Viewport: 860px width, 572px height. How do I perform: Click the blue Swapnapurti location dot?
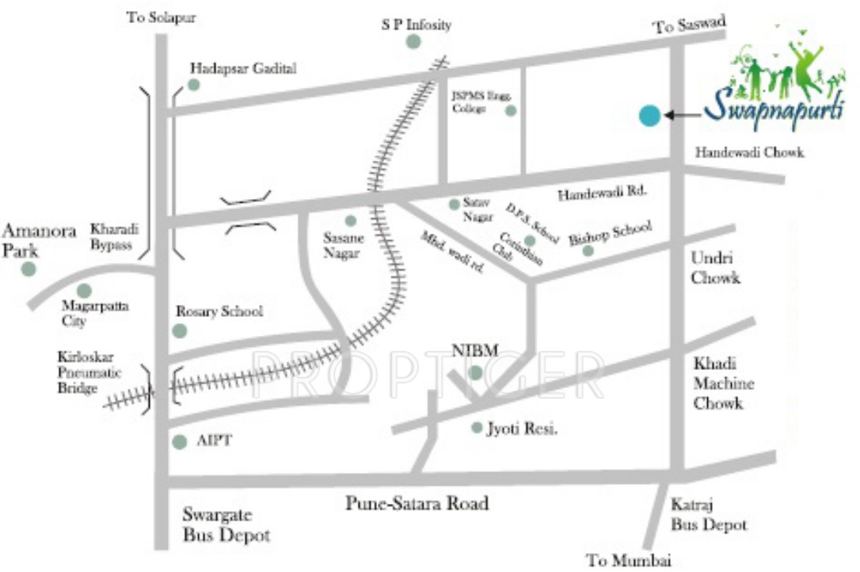[x=649, y=116]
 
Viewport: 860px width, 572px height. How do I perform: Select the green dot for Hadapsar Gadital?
[x=193, y=85]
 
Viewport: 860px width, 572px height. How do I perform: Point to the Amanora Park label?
[x=39, y=239]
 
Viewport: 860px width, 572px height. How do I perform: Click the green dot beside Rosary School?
[x=180, y=330]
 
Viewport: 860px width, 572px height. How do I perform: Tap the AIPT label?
[x=214, y=441]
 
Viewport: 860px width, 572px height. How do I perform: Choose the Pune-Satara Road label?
[x=417, y=503]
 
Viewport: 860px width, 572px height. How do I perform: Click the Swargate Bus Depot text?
[x=226, y=524]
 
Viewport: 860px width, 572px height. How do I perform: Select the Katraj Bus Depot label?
[x=709, y=514]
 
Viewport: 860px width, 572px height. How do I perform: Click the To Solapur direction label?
[x=161, y=17]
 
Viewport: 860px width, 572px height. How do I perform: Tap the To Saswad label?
[x=689, y=25]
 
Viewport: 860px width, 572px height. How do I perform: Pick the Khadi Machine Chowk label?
[x=724, y=383]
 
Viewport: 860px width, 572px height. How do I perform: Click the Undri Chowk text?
[x=715, y=268]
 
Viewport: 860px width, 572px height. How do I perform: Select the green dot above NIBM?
[x=475, y=372]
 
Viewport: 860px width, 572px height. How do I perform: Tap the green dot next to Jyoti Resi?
[x=477, y=428]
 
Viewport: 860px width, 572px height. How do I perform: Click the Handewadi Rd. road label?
[x=603, y=193]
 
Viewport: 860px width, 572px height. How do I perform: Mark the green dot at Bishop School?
[x=588, y=251]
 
